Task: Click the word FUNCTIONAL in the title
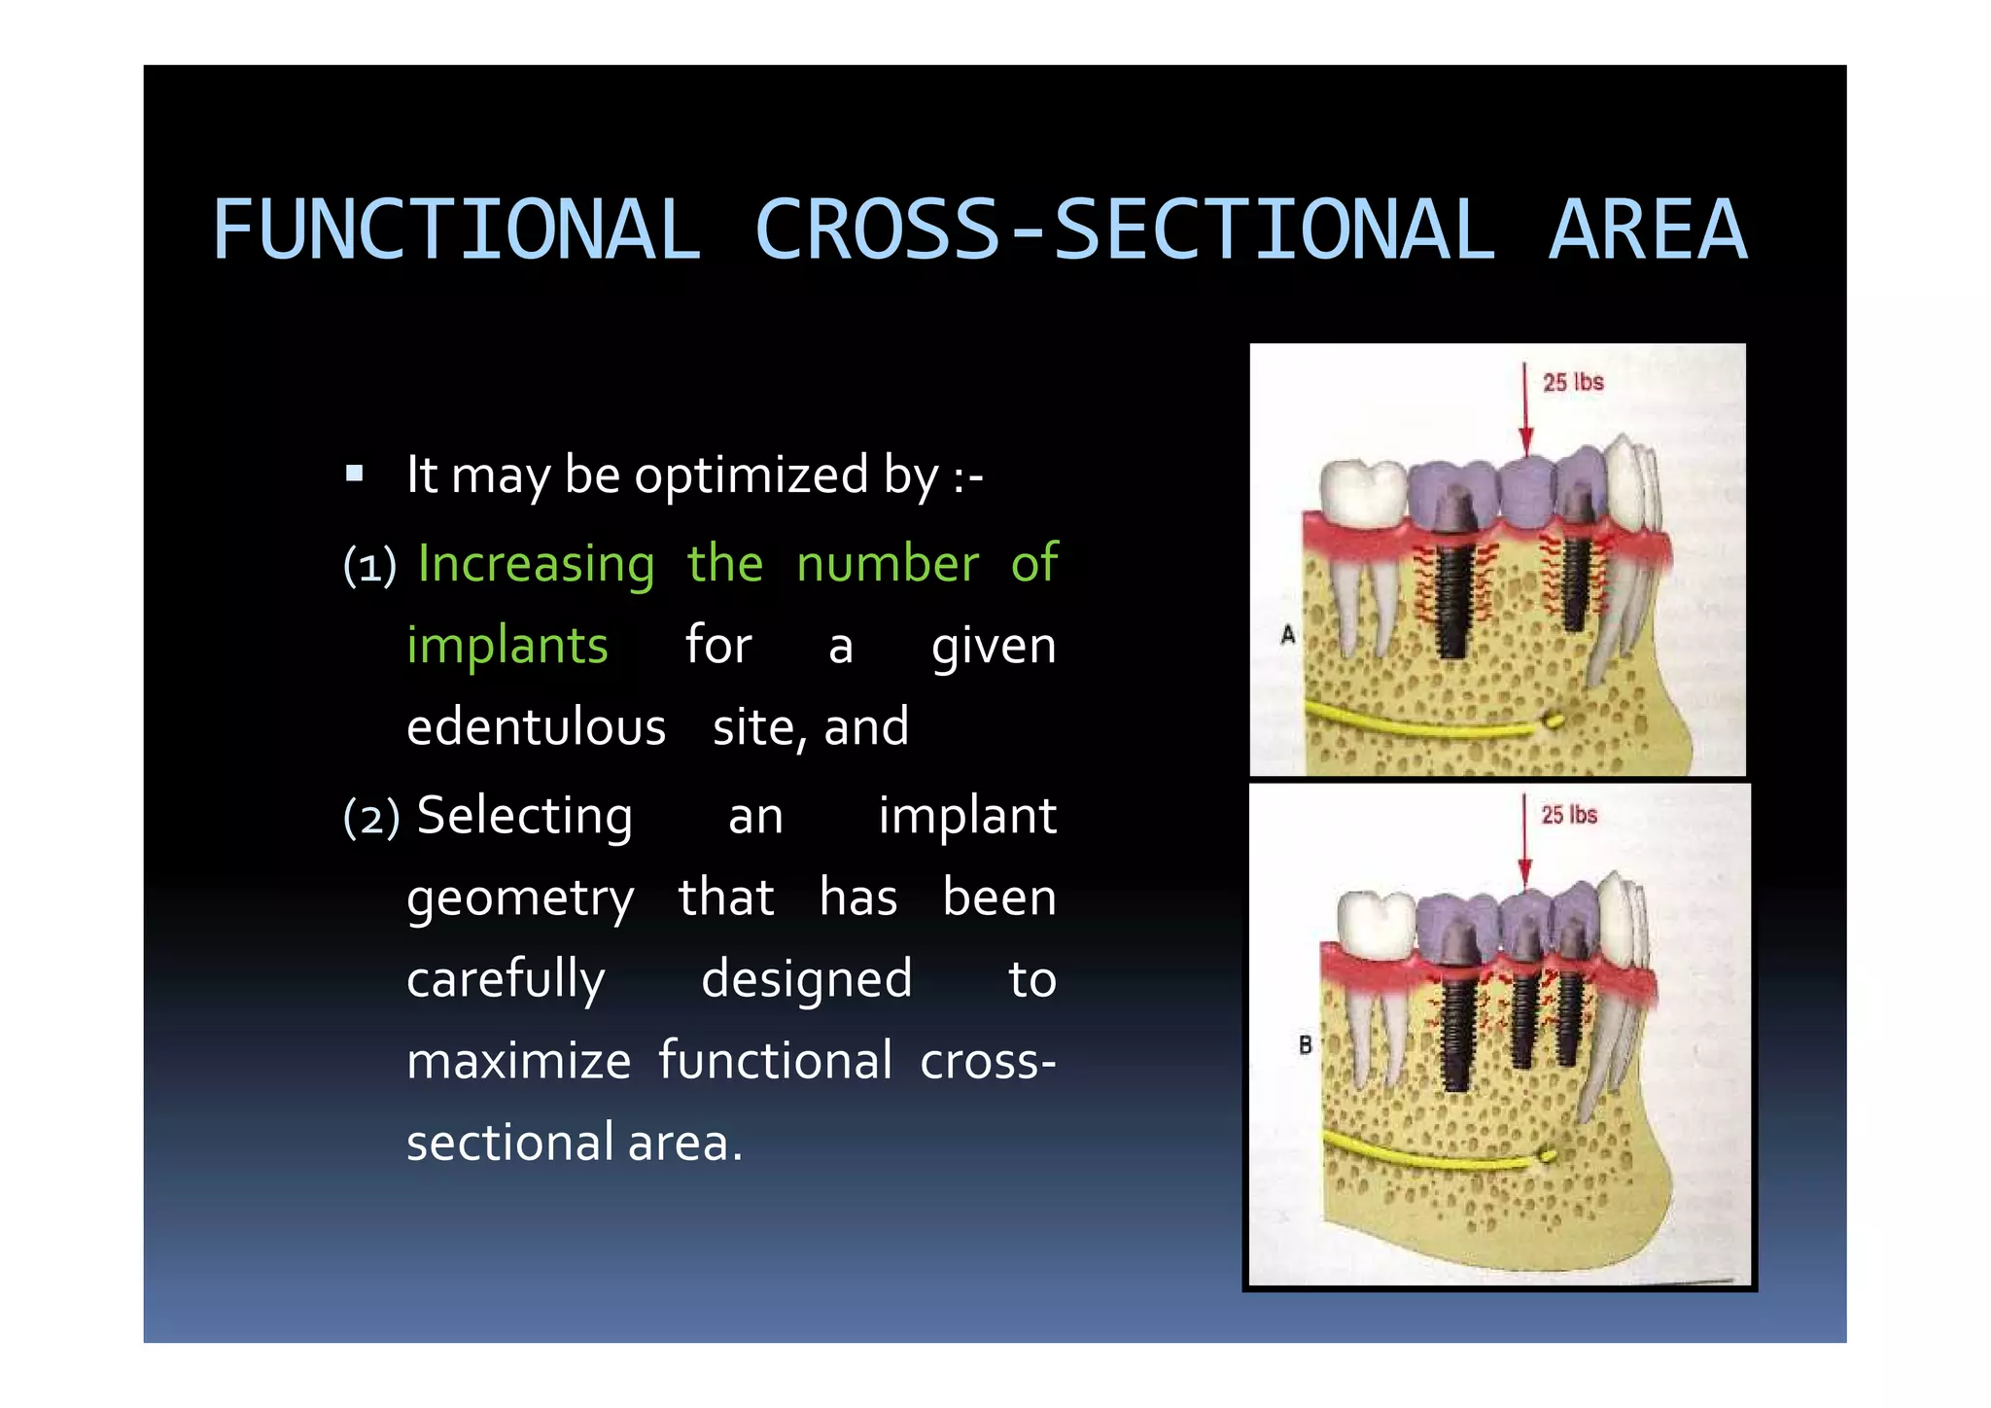tap(456, 230)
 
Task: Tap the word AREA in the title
tap(1647, 230)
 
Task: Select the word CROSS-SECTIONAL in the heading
tap(1124, 230)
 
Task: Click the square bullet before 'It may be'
tap(355, 475)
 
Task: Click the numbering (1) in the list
tap(369, 566)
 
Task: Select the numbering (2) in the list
tap(371, 818)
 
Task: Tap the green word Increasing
tap(536, 564)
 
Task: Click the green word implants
tap(507, 646)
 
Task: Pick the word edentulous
tap(536, 727)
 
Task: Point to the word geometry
tap(520, 898)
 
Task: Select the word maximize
tap(518, 1060)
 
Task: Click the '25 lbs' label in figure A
tap(1572, 382)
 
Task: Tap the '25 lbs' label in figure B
tap(1568, 815)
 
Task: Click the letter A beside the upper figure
tap(1288, 635)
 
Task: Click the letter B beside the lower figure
tap(1305, 1045)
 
